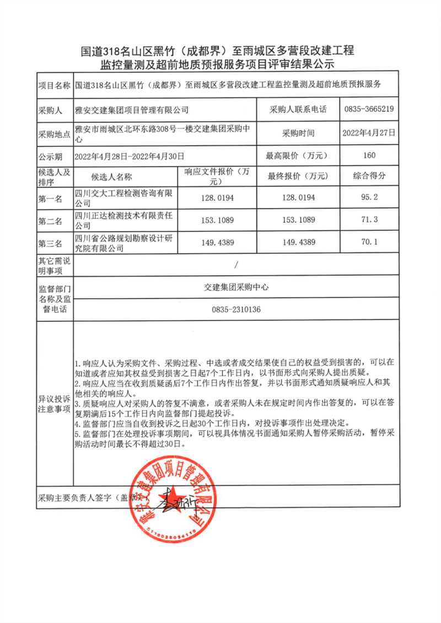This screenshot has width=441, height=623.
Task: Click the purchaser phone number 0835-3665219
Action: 369,109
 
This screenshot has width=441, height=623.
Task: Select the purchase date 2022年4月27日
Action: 369,133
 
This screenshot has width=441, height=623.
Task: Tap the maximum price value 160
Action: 369,155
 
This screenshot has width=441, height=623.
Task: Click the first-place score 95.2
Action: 369,197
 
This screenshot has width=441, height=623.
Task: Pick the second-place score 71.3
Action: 369,221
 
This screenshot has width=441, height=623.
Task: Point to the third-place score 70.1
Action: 369,242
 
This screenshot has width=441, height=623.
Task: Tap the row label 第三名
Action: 51,243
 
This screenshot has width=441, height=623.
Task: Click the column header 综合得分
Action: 369,176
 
